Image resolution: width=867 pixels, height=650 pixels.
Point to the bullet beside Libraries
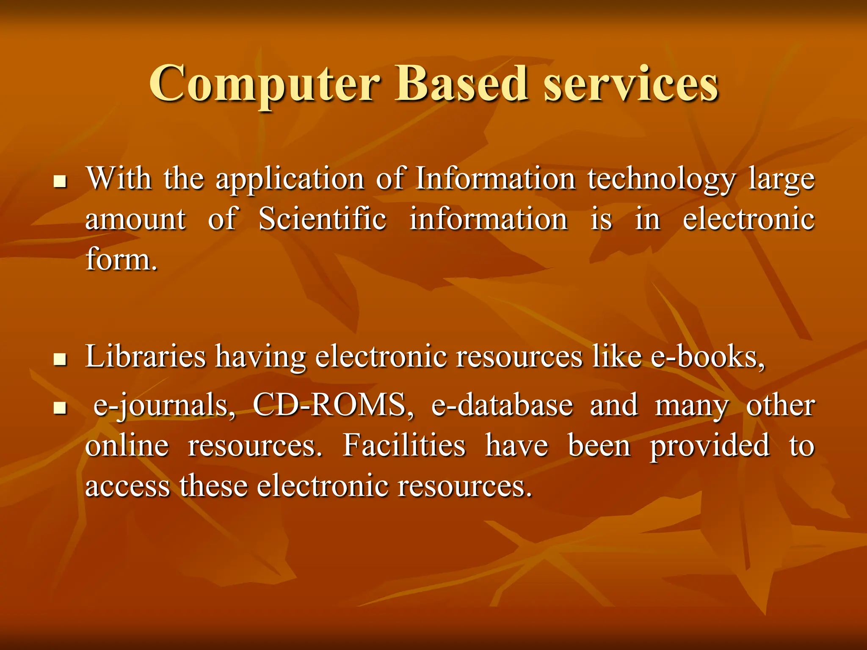point(61,360)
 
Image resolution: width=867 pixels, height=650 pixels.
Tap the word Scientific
point(322,219)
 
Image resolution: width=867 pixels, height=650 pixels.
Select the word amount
point(135,219)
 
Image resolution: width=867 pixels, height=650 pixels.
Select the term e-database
point(502,405)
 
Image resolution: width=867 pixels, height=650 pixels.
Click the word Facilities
point(404,445)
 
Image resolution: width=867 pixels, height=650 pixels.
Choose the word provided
point(710,446)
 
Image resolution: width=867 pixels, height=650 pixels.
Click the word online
point(127,445)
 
